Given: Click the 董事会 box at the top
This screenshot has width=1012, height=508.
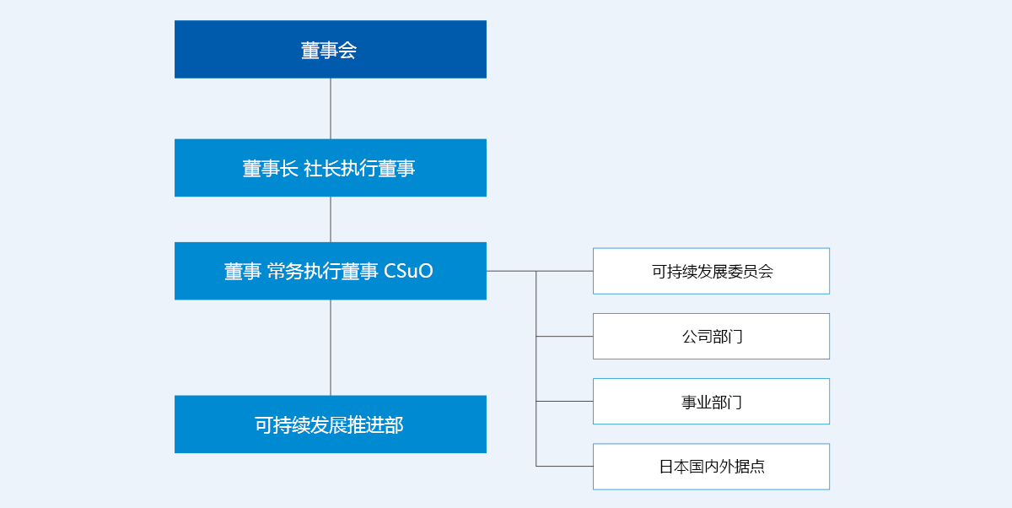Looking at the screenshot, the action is tap(331, 49).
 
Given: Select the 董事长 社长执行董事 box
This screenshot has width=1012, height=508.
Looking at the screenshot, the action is tap(331, 168).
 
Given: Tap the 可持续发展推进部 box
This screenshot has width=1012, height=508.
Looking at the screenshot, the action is tap(331, 424).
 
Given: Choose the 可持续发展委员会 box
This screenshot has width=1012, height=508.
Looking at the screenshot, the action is tap(711, 271).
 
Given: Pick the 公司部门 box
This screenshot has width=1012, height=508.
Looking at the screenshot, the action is tap(711, 336).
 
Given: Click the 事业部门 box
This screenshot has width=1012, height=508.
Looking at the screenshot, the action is tap(711, 402).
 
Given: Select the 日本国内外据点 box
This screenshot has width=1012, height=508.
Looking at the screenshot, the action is tap(711, 467).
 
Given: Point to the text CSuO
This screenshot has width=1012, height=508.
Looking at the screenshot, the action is tap(408, 271).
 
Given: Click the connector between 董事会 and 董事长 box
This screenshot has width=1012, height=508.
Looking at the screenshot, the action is tap(331, 109).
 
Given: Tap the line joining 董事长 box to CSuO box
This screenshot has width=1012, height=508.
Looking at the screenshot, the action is tap(331, 219).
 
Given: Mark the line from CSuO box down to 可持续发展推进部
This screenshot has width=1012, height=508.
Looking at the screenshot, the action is tap(331, 348).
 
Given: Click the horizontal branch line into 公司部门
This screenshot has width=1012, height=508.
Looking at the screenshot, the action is tap(564, 336).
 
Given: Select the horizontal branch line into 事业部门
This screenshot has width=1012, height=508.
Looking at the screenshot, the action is tap(564, 402).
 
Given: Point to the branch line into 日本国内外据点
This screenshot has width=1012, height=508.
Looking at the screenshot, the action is tap(564, 466).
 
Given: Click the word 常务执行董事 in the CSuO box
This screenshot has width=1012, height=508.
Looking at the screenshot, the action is tap(322, 271).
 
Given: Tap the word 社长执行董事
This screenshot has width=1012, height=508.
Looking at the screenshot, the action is tap(359, 169).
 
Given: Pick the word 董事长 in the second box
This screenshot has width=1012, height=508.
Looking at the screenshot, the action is tap(270, 169).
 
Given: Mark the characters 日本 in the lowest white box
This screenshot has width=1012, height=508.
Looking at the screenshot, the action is tap(674, 467).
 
